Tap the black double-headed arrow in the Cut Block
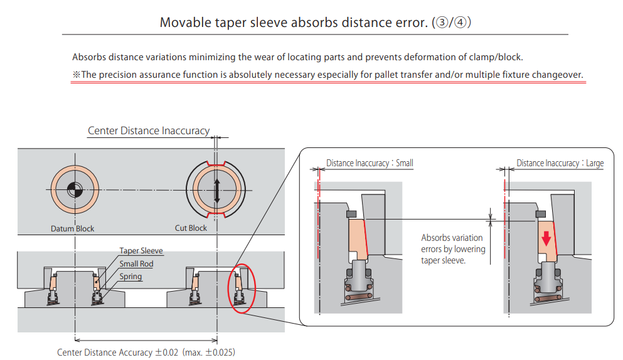(x=217, y=190)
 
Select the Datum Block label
(x=73, y=228)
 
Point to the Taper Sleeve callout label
(x=141, y=251)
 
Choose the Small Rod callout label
(x=136, y=264)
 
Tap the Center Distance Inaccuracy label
(x=149, y=131)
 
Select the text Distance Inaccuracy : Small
(x=370, y=163)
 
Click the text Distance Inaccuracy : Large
(x=560, y=163)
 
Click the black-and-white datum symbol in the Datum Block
(x=73, y=189)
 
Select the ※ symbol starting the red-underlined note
(x=77, y=75)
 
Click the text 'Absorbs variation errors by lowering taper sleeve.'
(x=453, y=248)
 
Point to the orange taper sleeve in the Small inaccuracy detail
(x=356, y=238)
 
